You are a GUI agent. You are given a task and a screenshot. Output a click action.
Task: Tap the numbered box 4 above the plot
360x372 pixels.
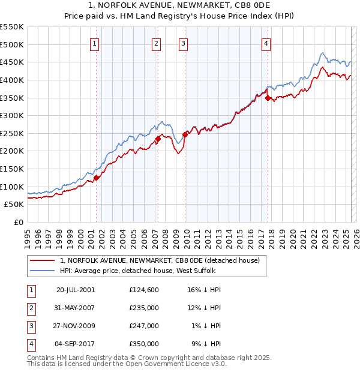tap(265, 43)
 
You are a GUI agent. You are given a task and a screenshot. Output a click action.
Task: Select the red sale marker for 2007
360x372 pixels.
tap(158, 139)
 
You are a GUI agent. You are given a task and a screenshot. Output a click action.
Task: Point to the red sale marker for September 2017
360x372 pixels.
tap(268, 98)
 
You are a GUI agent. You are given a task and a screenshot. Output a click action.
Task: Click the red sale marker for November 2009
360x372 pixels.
tap(185, 134)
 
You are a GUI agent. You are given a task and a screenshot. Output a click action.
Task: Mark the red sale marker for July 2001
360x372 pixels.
tap(96, 178)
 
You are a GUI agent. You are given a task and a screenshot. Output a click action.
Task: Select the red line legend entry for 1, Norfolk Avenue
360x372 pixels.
tap(160, 260)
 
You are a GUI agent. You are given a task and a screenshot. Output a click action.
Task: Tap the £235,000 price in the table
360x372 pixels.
tap(144, 307)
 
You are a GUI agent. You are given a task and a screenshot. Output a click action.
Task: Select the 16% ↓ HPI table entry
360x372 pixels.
tap(205, 289)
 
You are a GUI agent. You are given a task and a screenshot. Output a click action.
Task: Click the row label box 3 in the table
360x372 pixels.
tap(31, 326)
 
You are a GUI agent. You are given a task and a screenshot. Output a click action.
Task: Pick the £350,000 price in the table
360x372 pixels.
tap(144, 344)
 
